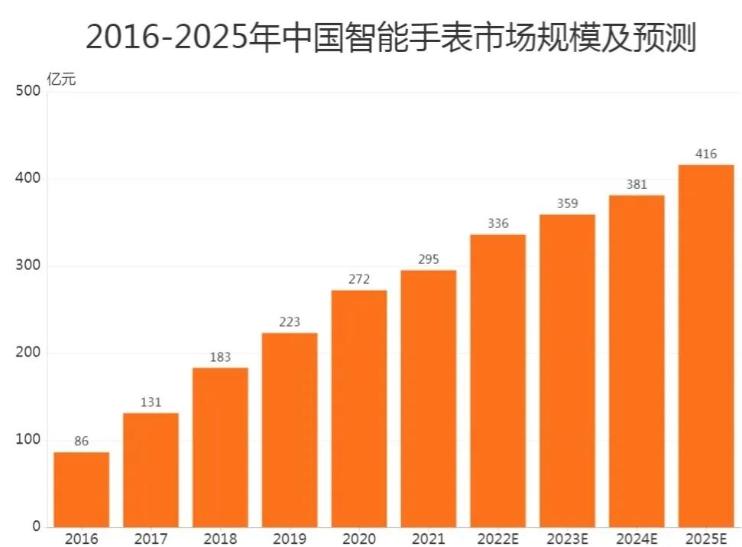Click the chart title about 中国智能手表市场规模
click(390, 37)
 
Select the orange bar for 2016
click(81, 489)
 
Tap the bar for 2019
click(290, 429)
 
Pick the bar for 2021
click(428, 398)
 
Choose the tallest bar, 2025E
click(705, 345)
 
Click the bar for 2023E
click(567, 370)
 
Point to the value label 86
click(81, 441)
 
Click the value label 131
click(151, 402)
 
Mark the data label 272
click(358, 279)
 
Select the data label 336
click(497, 223)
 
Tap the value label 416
click(706, 154)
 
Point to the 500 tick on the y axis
click(28, 92)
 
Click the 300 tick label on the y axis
click(28, 266)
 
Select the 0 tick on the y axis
click(36, 526)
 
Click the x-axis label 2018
click(220, 539)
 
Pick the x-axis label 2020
click(359, 539)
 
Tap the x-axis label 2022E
click(497, 539)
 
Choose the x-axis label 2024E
click(637, 539)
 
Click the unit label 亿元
click(61, 79)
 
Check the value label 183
click(220, 357)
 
